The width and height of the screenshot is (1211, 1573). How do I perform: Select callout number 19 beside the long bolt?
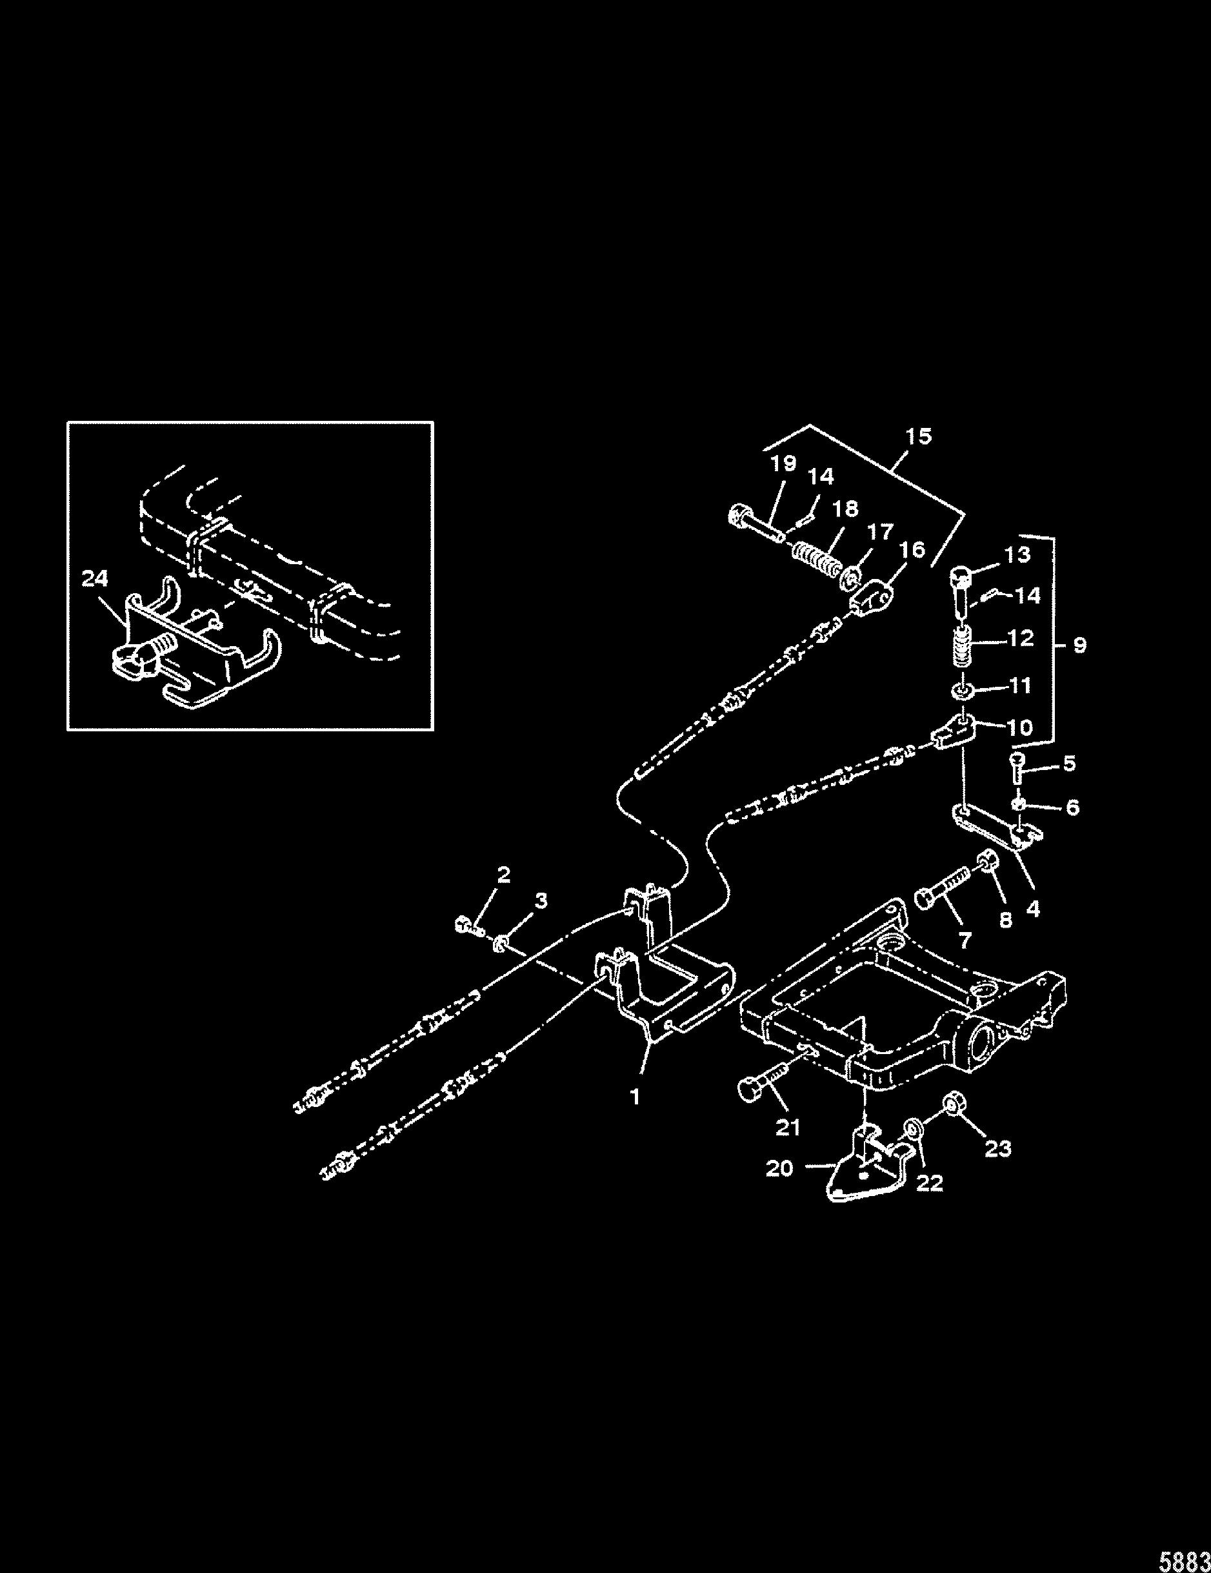(783, 464)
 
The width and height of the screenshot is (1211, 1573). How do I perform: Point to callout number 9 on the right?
(1079, 645)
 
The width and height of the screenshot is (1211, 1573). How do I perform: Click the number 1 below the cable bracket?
(635, 1117)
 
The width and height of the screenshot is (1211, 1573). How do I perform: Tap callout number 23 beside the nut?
(997, 1148)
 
